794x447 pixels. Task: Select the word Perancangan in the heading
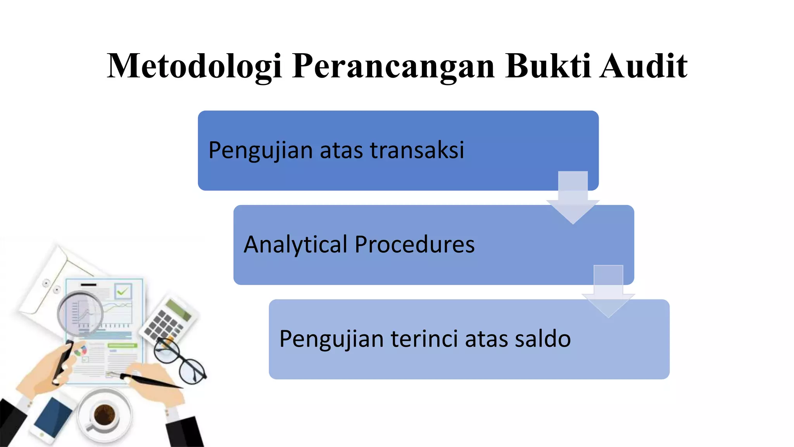[393, 66]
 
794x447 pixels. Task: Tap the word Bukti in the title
[548, 66]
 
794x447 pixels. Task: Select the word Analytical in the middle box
[295, 244]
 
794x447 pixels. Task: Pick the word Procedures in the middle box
[414, 244]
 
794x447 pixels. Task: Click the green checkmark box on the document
[123, 291]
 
